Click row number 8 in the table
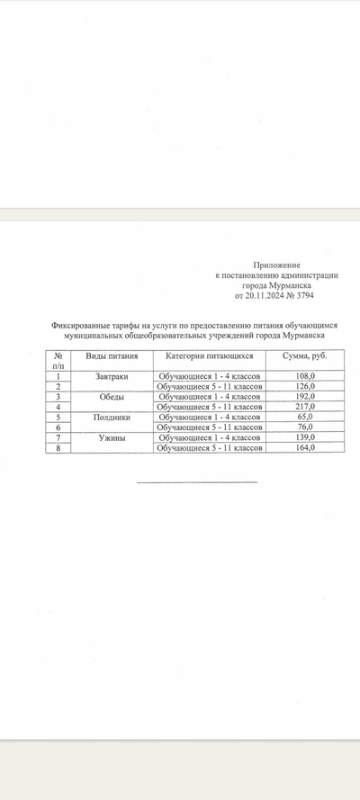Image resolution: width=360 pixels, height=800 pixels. coord(58,447)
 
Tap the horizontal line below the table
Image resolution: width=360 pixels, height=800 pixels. coord(196,482)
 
